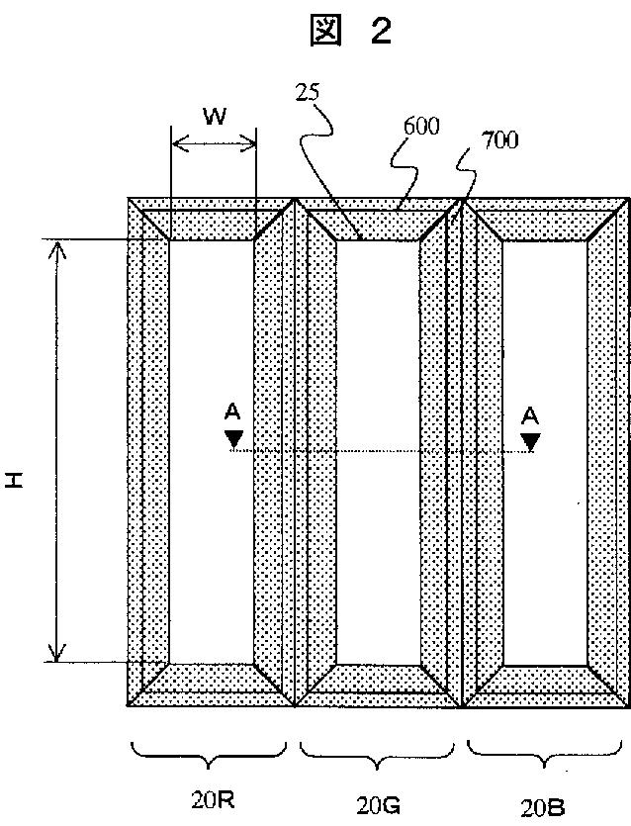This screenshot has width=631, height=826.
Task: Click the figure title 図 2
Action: tap(351, 32)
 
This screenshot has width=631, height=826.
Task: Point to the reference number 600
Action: tap(421, 127)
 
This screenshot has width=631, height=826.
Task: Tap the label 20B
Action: tap(541, 798)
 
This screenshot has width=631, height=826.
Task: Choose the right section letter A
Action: tap(531, 414)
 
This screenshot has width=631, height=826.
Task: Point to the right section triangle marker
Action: tap(531, 439)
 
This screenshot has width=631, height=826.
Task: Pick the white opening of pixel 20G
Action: tap(377, 450)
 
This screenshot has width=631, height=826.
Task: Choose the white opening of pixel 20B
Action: tap(544, 450)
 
